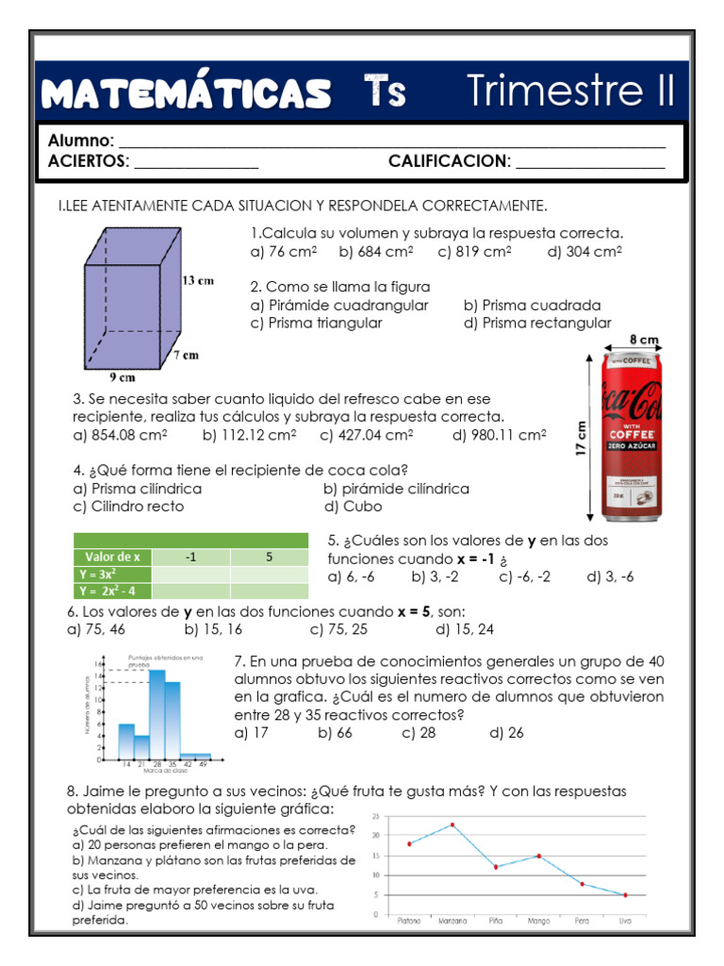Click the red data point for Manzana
(452, 824)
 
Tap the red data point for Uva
(625, 894)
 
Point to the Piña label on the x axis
(496, 921)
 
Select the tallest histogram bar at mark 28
(156, 712)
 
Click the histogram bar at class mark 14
(125, 739)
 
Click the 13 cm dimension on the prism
(197, 280)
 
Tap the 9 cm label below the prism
(123, 376)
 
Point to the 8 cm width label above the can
(643, 339)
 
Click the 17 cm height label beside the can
(582, 439)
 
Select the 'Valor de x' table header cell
(112, 557)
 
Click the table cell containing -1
(191, 557)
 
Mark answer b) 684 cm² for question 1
(376, 252)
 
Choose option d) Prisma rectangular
(537, 323)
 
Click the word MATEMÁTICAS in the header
(187, 92)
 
